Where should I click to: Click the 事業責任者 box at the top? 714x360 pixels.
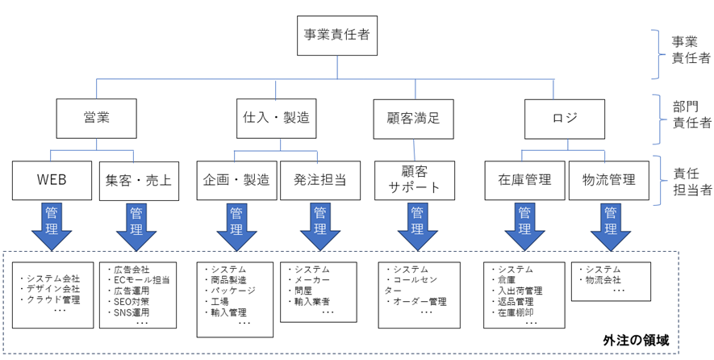click(337, 36)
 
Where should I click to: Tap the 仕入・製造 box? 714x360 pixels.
click(274, 118)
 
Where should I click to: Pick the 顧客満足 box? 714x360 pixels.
click(414, 118)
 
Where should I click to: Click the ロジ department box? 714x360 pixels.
click(566, 118)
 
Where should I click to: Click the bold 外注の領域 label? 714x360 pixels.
click(636, 340)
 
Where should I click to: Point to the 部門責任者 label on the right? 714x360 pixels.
click(692, 115)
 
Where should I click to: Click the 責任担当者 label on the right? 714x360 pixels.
click(692, 180)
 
